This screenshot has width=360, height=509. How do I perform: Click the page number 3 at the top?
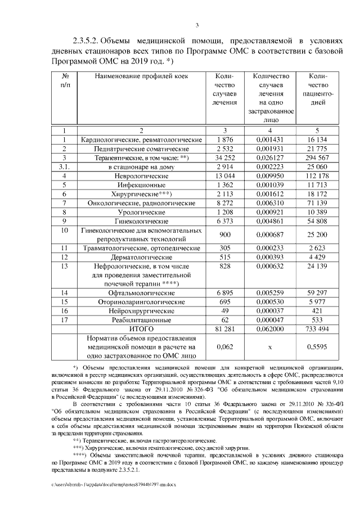pyautogui.click(x=197, y=25)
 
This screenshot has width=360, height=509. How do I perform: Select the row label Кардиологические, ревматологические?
pyautogui.click(x=142, y=139)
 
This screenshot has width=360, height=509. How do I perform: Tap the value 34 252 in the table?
pyautogui.click(x=224, y=158)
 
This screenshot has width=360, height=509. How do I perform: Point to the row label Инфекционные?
pyautogui.click(x=142, y=184)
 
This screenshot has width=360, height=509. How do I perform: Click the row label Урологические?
pyautogui.click(x=142, y=212)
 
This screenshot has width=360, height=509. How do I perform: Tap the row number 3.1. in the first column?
pyautogui.click(x=65, y=167)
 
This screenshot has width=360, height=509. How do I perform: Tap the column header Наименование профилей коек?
pyautogui.click(x=142, y=76)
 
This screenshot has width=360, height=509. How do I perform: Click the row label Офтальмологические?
pyautogui.click(x=142, y=293)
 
